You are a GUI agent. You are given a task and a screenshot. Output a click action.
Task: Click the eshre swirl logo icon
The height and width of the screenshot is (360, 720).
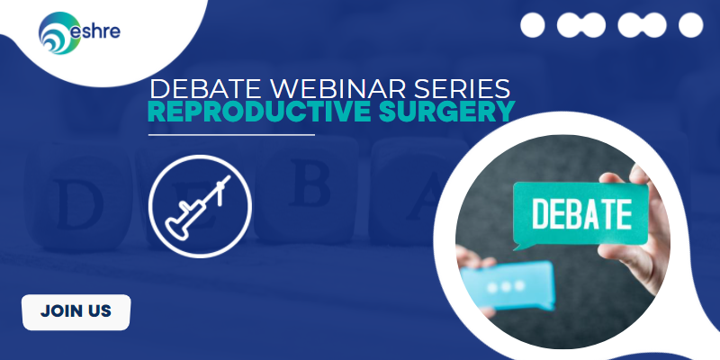tap(56, 35)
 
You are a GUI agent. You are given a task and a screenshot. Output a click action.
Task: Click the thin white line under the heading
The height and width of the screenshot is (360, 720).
tap(231, 134)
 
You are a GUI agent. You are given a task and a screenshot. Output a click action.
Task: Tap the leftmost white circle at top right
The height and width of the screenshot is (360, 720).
tap(534, 24)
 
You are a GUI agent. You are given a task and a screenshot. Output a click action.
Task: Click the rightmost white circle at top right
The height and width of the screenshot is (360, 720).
tap(690, 24)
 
